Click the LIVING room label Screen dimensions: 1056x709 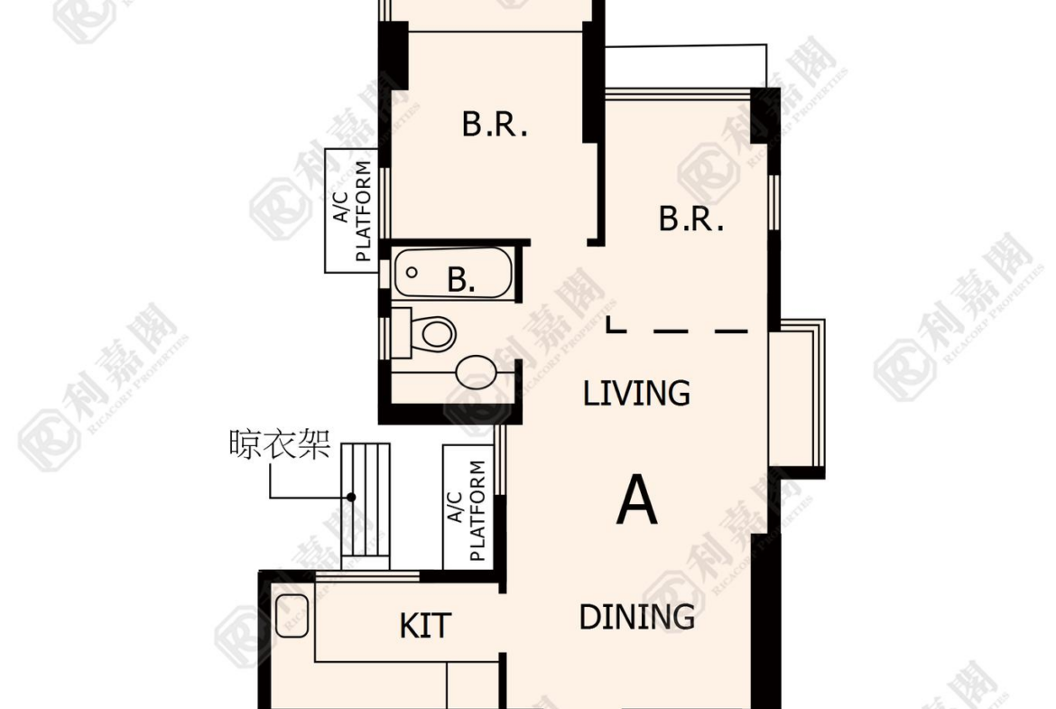click(636, 393)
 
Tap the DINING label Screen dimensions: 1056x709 click(637, 617)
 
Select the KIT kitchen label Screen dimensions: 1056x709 click(425, 625)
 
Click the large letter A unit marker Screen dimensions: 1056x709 click(636, 499)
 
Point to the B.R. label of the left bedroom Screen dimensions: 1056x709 click(495, 125)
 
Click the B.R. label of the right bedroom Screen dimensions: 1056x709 click(691, 219)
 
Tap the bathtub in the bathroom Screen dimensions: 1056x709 click(453, 273)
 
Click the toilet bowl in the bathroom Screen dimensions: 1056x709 click(437, 333)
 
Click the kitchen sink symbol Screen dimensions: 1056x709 click(292, 615)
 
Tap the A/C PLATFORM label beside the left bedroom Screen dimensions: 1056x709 click(352, 211)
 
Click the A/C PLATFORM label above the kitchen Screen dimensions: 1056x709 click(467, 510)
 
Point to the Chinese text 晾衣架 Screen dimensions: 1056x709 click(280, 444)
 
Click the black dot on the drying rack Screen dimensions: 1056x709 click(351, 498)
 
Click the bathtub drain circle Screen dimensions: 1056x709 click(412, 273)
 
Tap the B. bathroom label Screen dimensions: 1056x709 click(460, 279)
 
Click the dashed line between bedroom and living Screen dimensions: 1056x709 click(677, 331)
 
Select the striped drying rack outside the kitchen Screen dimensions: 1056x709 click(366, 506)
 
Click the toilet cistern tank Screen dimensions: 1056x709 click(402, 333)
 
